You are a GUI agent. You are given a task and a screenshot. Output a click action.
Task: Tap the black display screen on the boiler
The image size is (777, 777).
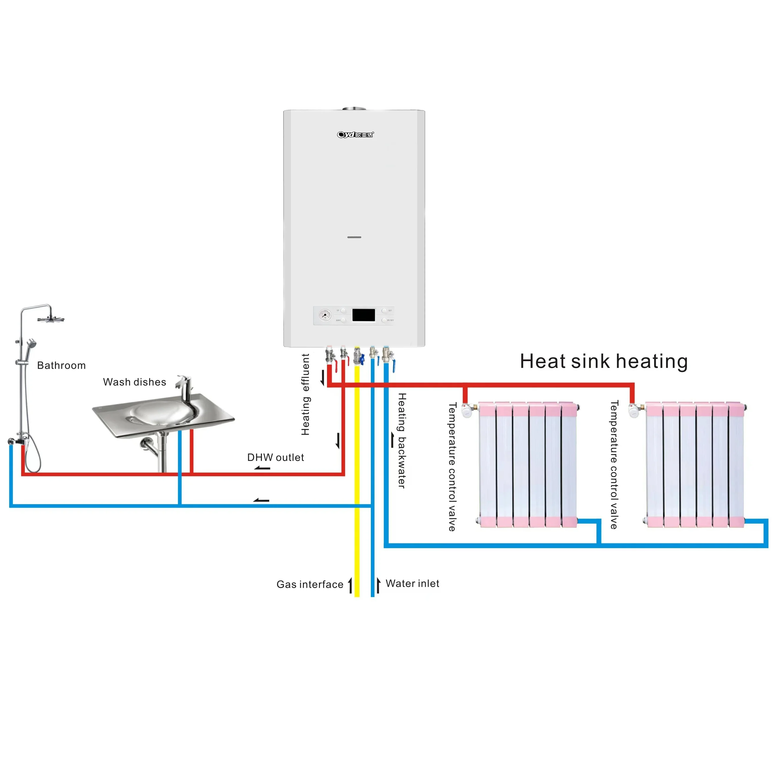363,315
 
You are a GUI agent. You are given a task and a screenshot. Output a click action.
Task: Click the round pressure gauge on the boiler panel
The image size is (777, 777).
325,315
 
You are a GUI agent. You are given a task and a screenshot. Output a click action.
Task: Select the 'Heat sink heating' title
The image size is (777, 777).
604,361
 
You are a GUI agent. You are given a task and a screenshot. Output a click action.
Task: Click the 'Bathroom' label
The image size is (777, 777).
62,365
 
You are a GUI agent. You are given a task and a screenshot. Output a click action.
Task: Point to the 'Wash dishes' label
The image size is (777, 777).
134,382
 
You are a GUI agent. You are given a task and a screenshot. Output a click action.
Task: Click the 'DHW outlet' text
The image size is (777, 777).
275,457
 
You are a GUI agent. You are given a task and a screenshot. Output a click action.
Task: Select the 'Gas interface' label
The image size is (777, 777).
310,584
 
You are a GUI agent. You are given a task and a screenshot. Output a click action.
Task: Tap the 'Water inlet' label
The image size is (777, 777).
412,584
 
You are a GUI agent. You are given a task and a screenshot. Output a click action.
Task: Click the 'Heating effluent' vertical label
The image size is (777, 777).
306,394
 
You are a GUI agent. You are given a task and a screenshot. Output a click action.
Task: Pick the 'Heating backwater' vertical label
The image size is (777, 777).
402,440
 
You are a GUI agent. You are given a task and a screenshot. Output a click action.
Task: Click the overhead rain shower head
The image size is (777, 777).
51,319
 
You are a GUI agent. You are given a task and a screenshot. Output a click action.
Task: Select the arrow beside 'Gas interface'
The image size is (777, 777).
350,585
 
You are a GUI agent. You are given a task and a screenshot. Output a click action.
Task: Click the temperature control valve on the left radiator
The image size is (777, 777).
466,410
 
